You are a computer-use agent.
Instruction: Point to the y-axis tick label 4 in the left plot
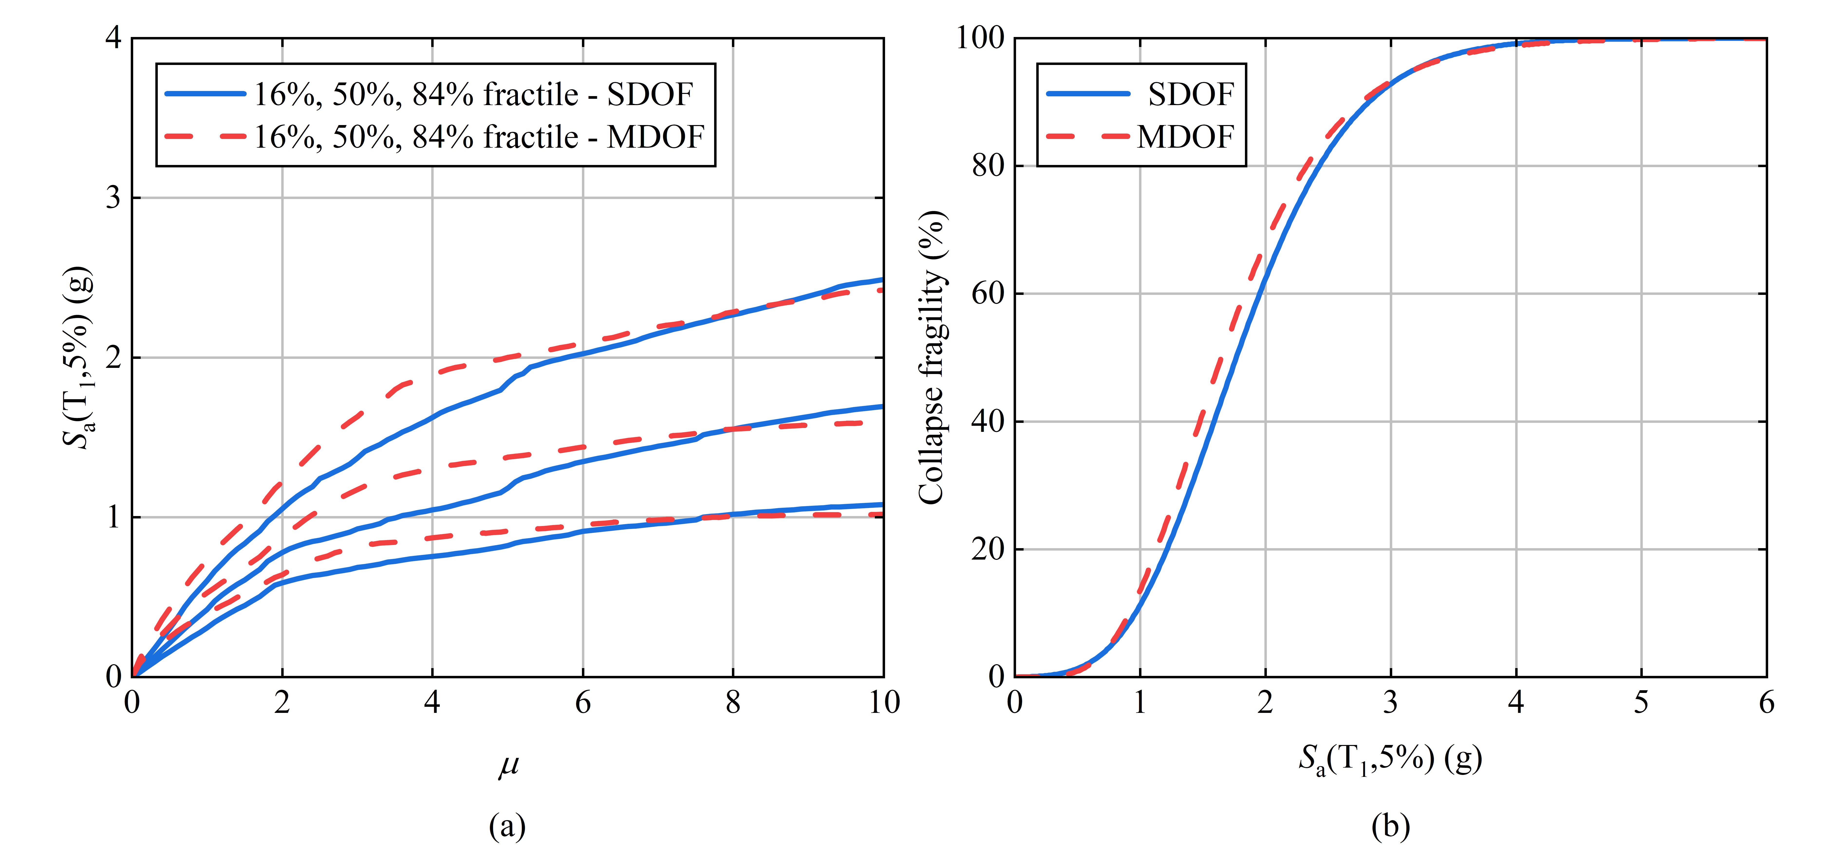(x=113, y=37)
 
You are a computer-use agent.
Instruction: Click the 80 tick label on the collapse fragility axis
(x=988, y=166)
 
